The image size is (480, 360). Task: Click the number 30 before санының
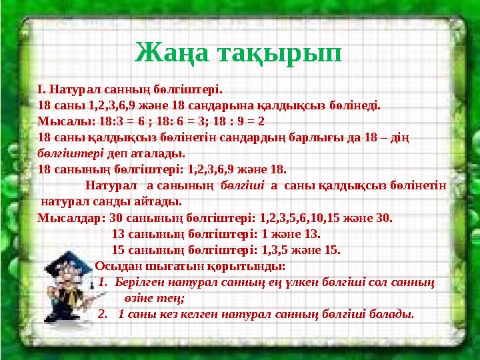[x=115, y=217]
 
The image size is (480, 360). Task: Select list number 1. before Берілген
[x=103, y=282]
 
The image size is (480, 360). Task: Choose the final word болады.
[x=395, y=313]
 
